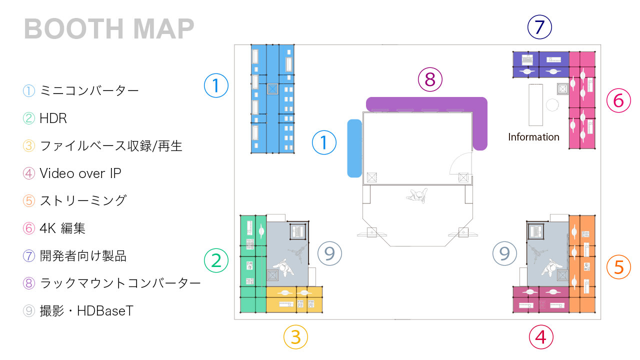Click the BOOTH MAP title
pyautogui.click(x=109, y=28)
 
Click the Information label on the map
pyautogui.click(x=533, y=137)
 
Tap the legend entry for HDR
pyautogui.click(x=45, y=118)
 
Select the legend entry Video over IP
pyautogui.click(x=72, y=173)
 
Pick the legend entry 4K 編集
pyautogui.click(x=54, y=228)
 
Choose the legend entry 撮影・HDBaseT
pyautogui.click(x=78, y=310)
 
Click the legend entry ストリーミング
pyautogui.click(x=74, y=200)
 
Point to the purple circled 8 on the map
pyautogui.click(x=430, y=79)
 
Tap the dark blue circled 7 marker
pyautogui.click(x=539, y=27)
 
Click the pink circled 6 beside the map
pyautogui.click(x=618, y=100)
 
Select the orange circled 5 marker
pyautogui.click(x=618, y=267)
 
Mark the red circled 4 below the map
pyautogui.click(x=541, y=337)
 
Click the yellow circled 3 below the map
pyautogui.click(x=295, y=337)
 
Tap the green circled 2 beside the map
pyautogui.click(x=216, y=260)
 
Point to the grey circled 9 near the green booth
pyautogui.click(x=329, y=253)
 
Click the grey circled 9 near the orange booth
pyautogui.click(x=504, y=253)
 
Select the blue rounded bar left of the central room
pyautogui.click(x=354, y=148)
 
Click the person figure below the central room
pyautogui.click(x=417, y=195)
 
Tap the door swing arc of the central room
pyautogui.click(x=460, y=163)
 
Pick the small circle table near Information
pyautogui.click(x=552, y=105)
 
